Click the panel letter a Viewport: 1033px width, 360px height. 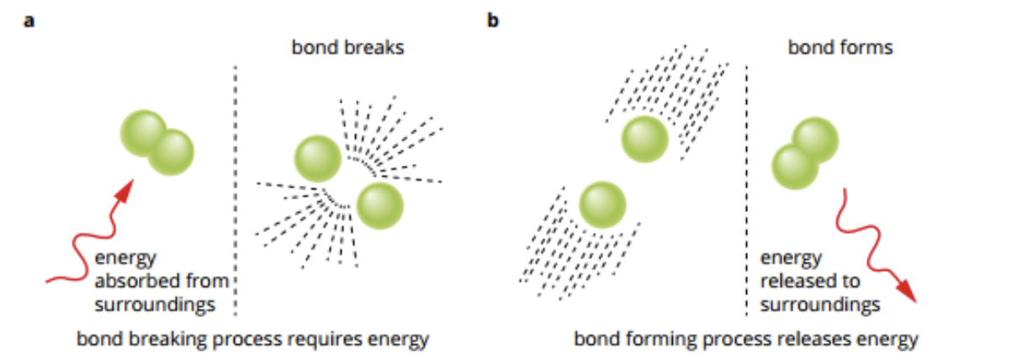pyautogui.click(x=29, y=21)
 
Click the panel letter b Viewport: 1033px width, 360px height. pyautogui.click(x=493, y=20)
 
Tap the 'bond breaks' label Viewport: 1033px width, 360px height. pyautogui.click(x=347, y=47)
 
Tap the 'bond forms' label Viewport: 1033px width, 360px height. pyautogui.click(x=840, y=47)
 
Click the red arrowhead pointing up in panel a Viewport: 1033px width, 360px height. pyautogui.click(x=124, y=191)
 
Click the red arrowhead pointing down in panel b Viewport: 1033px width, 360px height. pyautogui.click(x=906, y=291)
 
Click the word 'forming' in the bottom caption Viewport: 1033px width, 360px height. pyautogui.click(x=663, y=339)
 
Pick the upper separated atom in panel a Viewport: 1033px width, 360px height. pyautogui.click(x=318, y=159)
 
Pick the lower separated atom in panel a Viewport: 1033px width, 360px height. pyautogui.click(x=380, y=205)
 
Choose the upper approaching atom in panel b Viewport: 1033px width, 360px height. pyautogui.click(x=644, y=140)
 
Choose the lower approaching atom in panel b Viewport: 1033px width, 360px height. pyautogui.click(x=603, y=204)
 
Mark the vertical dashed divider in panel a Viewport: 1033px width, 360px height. pyautogui.click(x=236, y=191)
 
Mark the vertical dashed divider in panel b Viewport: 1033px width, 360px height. pyautogui.click(x=747, y=191)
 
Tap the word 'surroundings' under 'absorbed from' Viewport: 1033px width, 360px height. pyautogui.click(x=155, y=305)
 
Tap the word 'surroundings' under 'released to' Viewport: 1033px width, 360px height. pyautogui.click(x=820, y=305)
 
